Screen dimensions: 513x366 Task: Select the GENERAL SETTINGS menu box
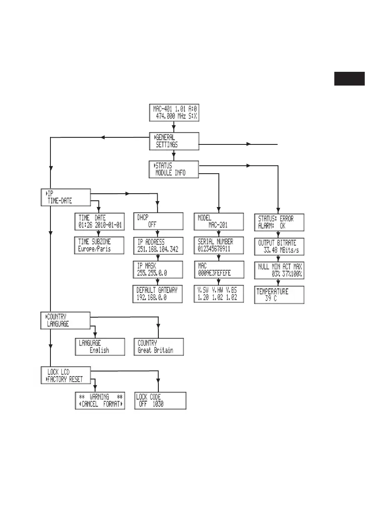(174, 142)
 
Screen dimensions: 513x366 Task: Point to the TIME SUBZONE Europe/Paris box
(99, 245)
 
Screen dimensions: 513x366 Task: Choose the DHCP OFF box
(158, 221)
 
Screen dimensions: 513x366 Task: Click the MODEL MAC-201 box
(218, 221)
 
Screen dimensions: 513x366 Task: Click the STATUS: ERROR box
(279, 221)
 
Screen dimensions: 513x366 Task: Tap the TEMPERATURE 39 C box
(279, 295)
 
